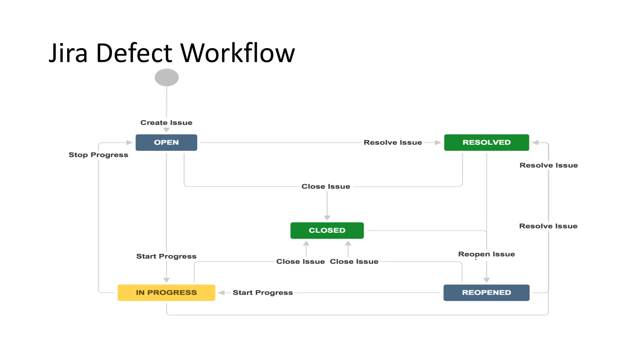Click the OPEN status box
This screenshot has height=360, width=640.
pyautogui.click(x=166, y=142)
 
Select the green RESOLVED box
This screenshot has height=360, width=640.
pyautogui.click(x=486, y=142)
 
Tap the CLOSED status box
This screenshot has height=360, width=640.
pyautogui.click(x=327, y=230)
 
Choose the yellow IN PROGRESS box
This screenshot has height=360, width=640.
pyautogui.click(x=166, y=292)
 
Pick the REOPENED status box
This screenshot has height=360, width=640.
pyautogui.click(x=486, y=292)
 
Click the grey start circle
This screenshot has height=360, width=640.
pyautogui.click(x=167, y=77)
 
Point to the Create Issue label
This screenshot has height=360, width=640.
pyautogui.click(x=166, y=122)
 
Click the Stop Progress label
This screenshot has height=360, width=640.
pyautogui.click(x=98, y=155)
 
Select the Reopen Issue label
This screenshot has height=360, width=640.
pyautogui.click(x=486, y=254)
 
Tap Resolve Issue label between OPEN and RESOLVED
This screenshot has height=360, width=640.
pyautogui.click(x=393, y=142)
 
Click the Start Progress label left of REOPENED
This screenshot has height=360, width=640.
pyautogui.click(x=262, y=292)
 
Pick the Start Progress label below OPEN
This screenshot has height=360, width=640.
pyautogui.click(x=166, y=256)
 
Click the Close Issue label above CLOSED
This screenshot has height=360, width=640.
pyautogui.click(x=326, y=187)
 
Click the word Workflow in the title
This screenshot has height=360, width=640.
pyautogui.click(x=237, y=53)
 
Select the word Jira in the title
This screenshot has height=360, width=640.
pyautogui.click(x=68, y=53)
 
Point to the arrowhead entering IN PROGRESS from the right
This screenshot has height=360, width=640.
pyautogui.click(x=222, y=292)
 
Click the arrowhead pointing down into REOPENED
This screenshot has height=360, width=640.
pyautogui.click(x=486, y=280)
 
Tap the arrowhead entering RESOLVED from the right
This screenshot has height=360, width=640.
pyautogui.click(x=535, y=142)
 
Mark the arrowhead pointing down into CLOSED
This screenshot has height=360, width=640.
pyautogui.click(x=327, y=217)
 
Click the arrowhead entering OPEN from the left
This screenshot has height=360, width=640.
pyautogui.click(x=129, y=142)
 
